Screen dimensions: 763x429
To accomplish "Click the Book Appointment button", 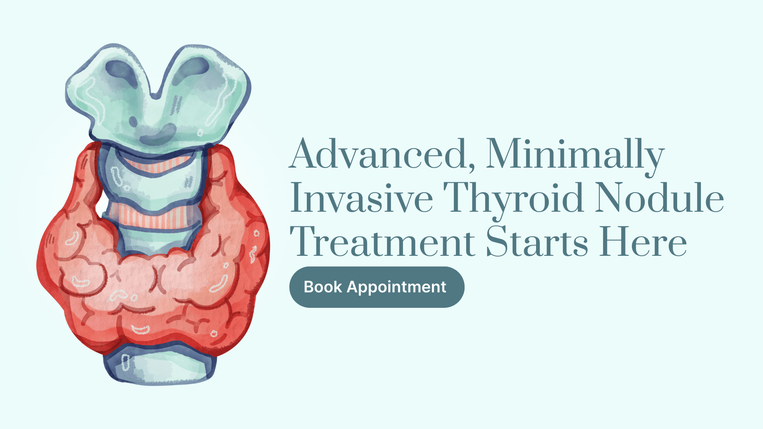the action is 377,287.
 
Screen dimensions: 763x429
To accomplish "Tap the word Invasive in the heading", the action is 362,198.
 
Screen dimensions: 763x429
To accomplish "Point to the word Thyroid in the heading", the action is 513,201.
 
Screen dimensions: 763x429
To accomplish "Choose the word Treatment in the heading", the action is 382,242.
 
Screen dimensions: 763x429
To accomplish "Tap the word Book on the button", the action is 323,287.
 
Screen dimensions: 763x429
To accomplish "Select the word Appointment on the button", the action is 397,288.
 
